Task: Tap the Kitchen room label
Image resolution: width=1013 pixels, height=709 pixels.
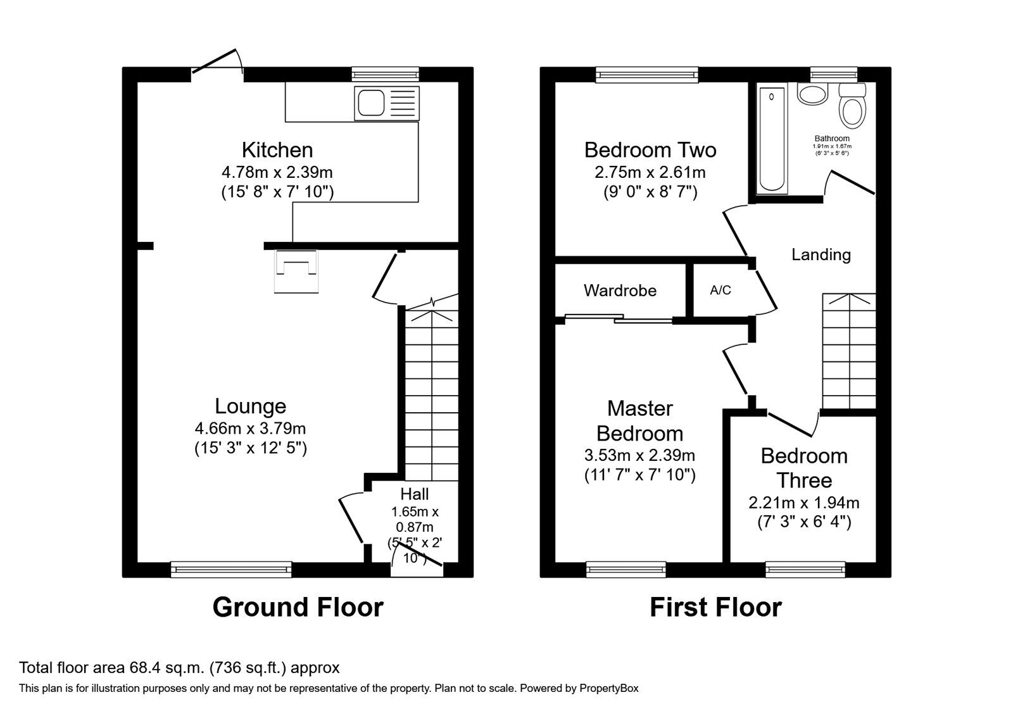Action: pyautogui.click(x=277, y=150)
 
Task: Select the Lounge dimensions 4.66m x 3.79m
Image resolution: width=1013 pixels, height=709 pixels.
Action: pyautogui.click(x=251, y=429)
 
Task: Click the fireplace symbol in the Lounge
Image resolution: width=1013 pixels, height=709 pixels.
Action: pyautogui.click(x=296, y=272)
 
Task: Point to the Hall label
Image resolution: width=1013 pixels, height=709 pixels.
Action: pyautogui.click(x=415, y=494)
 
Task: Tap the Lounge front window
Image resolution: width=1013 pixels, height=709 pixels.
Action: pyautogui.click(x=231, y=570)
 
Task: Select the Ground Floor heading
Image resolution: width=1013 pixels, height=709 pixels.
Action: pyautogui.click(x=298, y=607)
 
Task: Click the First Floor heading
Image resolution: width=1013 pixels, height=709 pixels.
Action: pyautogui.click(x=715, y=607)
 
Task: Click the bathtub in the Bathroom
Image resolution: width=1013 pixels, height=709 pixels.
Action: pyautogui.click(x=771, y=139)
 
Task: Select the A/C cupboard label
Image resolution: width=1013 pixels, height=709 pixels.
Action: pyautogui.click(x=720, y=291)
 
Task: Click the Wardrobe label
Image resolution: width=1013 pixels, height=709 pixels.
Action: pyautogui.click(x=620, y=291)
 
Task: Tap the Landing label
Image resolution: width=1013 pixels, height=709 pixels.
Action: pyautogui.click(x=821, y=254)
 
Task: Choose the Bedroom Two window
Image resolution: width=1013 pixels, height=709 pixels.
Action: pyautogui.click(x=646, y=75)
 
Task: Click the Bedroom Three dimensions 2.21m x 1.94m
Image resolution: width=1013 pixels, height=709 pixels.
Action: pyautogui.click(x=803, y=503)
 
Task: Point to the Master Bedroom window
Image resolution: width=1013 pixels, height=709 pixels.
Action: pyautogui.click(x=626, y=570)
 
